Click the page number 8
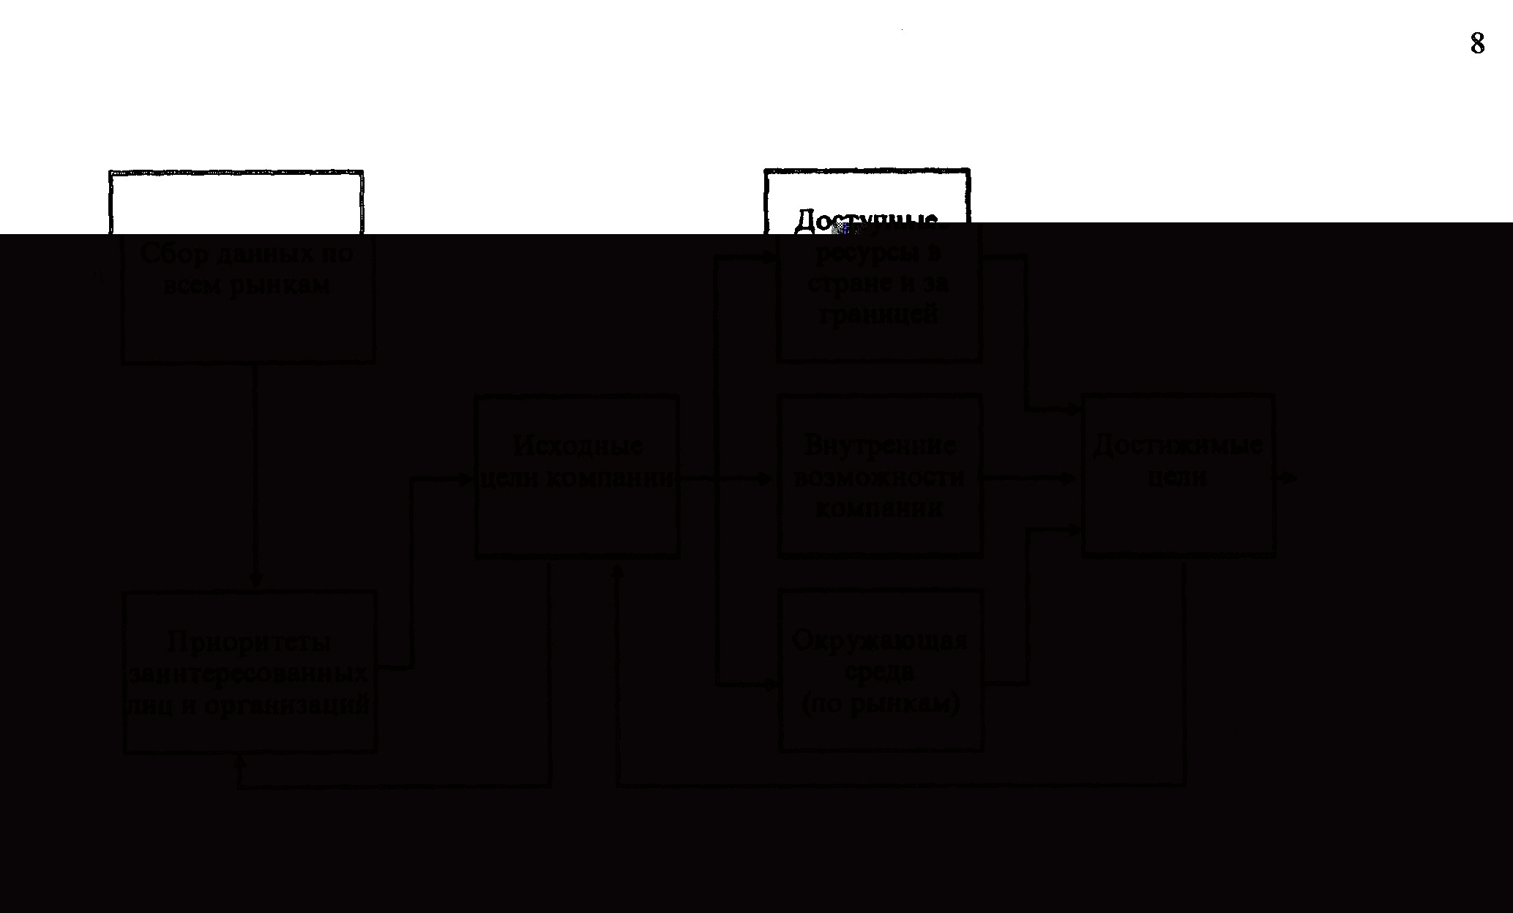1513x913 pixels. pos(1477,44)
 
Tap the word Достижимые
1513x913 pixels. pos(1178,446)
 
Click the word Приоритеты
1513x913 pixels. pos(249,642)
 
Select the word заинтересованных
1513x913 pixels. pos(249,674)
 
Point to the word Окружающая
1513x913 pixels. pos(880,641)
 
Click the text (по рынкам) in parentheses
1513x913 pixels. pos(880,704)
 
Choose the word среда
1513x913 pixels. pos(880,672)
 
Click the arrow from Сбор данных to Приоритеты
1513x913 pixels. pos(255,476)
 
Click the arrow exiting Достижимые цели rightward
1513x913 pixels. pos(1288,478)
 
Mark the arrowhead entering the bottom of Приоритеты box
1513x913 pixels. pos(239,762)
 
